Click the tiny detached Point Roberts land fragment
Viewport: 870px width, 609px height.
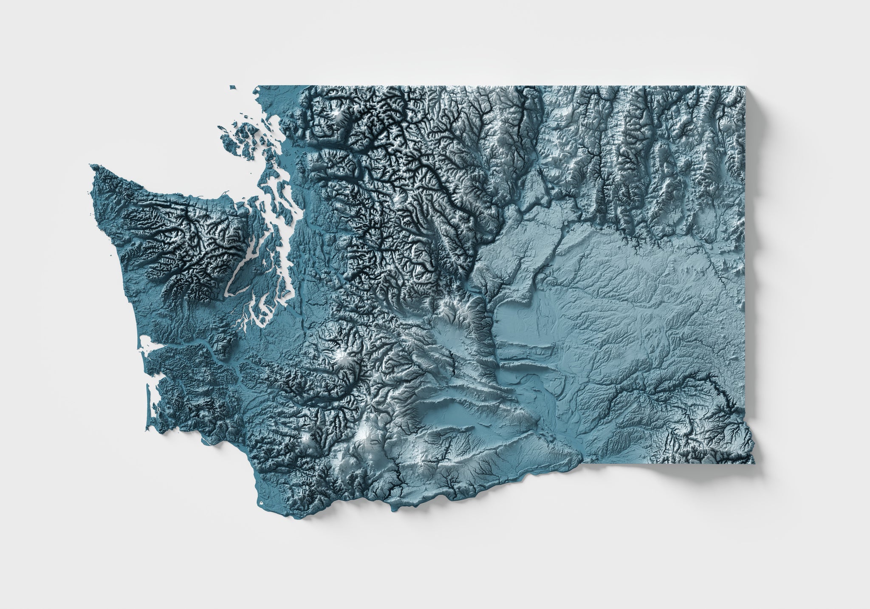point(233,87)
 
